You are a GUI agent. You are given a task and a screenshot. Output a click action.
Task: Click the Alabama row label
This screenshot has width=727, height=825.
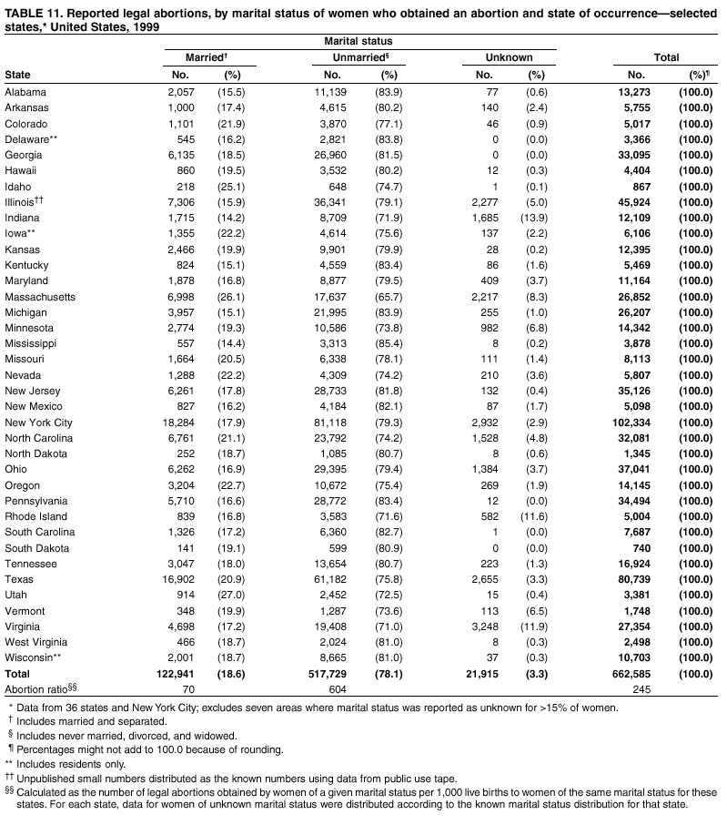(x=25, y=91)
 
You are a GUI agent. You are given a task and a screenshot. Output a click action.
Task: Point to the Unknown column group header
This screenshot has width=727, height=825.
(x=509, y=57)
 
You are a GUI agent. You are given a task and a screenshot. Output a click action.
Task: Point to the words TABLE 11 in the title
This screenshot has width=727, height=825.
(x=35, y=11)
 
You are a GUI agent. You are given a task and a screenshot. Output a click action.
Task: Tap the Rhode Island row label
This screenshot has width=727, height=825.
(x=35, y=516)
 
